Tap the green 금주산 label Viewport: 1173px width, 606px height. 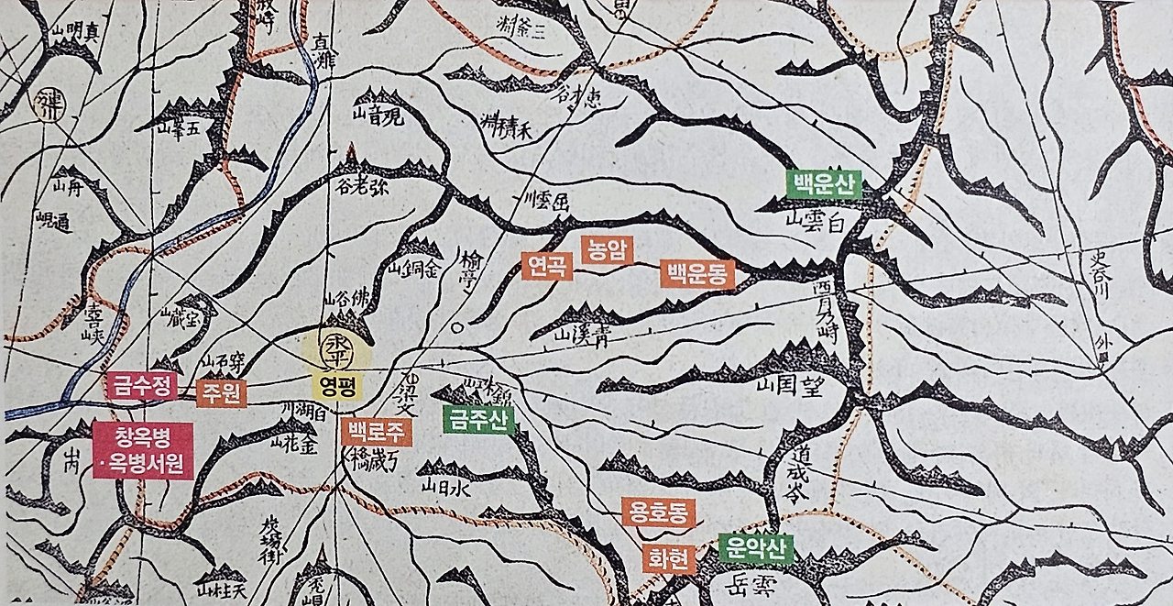(x=478, y=419)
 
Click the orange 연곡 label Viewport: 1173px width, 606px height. (x=547, y=266)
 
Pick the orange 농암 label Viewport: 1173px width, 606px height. (x=608, y=249)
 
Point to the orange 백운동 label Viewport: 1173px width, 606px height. (x=697, y=273)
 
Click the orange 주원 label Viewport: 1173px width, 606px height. (x=222, y=392)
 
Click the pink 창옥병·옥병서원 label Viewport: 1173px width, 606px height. (x=143, y=450)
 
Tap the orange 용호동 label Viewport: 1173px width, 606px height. (x=658, y=512)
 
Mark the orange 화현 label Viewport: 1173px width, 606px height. (x=669, y=558)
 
